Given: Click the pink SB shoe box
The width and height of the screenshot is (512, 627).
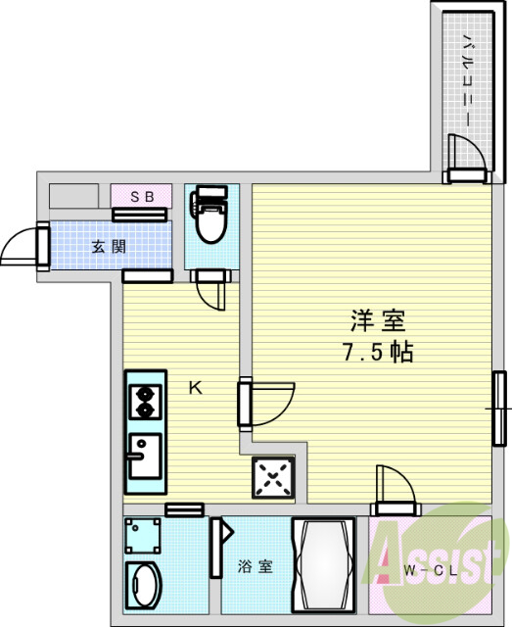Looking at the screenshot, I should pos(143,196).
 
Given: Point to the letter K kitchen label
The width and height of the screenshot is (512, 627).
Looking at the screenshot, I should pos(195,388).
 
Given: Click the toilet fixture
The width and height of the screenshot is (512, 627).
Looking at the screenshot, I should pos(208,215).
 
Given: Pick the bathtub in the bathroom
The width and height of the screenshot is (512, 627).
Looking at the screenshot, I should pos(330,566).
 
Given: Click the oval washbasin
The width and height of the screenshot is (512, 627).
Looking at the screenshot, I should pos(144,585).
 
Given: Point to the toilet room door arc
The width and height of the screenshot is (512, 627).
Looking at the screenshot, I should pos(212,291).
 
